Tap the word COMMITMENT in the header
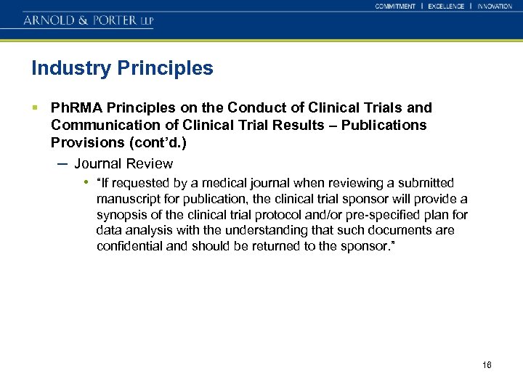tap(395, 7)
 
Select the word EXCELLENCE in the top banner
tap(446, 7)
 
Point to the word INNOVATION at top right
tap(495, 7)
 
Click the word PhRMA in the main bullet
tap(73, 108)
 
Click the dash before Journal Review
tap(62, 163)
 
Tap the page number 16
tap(487, 364)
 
